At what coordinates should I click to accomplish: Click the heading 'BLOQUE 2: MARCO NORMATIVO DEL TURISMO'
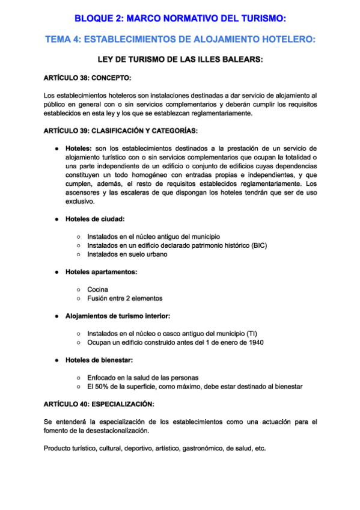(x=180, y=19)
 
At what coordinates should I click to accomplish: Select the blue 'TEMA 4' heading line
(x=180, y=40)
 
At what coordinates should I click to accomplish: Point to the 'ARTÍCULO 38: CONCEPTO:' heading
(x=87, y=78)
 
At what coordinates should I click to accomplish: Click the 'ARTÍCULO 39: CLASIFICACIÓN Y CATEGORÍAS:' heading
(x=121, y=131)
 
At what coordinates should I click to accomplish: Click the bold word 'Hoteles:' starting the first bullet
(x=79, y=148)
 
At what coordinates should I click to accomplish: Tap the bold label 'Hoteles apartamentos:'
(x=101, y=272)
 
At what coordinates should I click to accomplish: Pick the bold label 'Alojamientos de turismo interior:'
(x=118, y=316)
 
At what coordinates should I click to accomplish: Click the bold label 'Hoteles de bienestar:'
(x=99, y=360)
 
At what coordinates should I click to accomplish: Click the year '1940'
(x=254, y=342)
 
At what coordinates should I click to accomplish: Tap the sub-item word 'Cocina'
(x=98, y=289)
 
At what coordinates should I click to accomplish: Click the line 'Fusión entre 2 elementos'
(x=124, y=298)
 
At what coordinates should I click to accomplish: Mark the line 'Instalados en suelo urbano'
(x=127, y=254)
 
